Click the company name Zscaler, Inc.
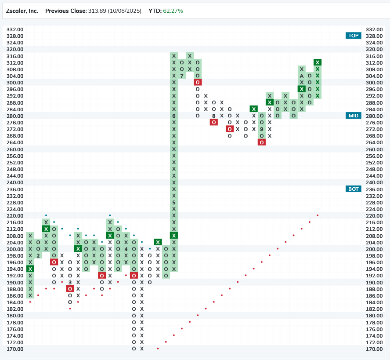[22, 11]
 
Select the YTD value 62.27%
[173, 11]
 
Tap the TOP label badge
[353, 36]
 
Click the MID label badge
[353, 116]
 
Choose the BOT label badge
[353, 189]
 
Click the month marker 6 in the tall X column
[174, 116]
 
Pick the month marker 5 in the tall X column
[174, 203]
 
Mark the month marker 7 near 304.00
[182, 76]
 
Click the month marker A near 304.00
[302, 76]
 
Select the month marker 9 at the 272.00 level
[262, 129]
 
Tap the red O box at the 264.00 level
[262, 142]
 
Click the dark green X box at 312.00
[318, 62]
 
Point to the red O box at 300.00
[198, 82]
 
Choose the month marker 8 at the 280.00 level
[214, 116]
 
